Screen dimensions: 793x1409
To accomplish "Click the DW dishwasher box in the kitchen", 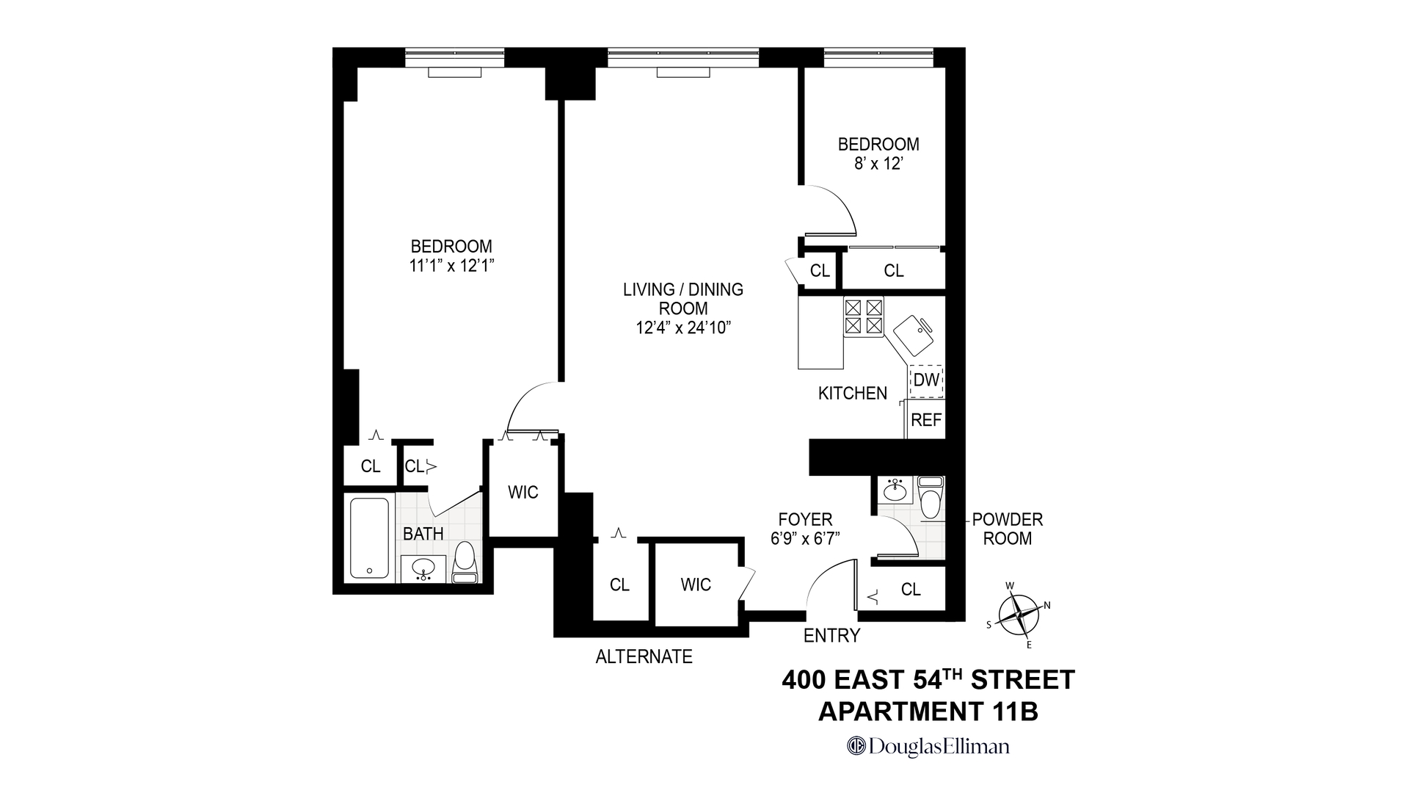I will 926,380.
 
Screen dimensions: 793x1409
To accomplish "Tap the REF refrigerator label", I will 925,421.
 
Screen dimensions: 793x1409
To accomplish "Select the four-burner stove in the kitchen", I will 863,316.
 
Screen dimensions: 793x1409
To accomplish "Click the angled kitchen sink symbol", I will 914,335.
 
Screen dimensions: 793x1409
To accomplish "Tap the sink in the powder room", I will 894,489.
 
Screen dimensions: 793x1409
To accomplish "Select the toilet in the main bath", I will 465,562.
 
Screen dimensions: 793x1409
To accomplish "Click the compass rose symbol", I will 1019,614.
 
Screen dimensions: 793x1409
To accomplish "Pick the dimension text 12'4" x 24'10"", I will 683,328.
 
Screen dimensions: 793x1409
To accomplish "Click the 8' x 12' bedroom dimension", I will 878,164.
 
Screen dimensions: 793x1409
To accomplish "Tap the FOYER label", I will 805,520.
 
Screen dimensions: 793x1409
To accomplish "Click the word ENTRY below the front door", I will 831,636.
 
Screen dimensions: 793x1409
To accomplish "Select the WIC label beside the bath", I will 523,493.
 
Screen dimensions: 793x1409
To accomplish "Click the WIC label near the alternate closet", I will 695,585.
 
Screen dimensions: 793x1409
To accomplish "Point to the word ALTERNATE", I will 644,656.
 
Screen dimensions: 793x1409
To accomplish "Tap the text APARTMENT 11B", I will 928,711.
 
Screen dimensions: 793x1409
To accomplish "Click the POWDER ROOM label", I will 1007,529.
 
